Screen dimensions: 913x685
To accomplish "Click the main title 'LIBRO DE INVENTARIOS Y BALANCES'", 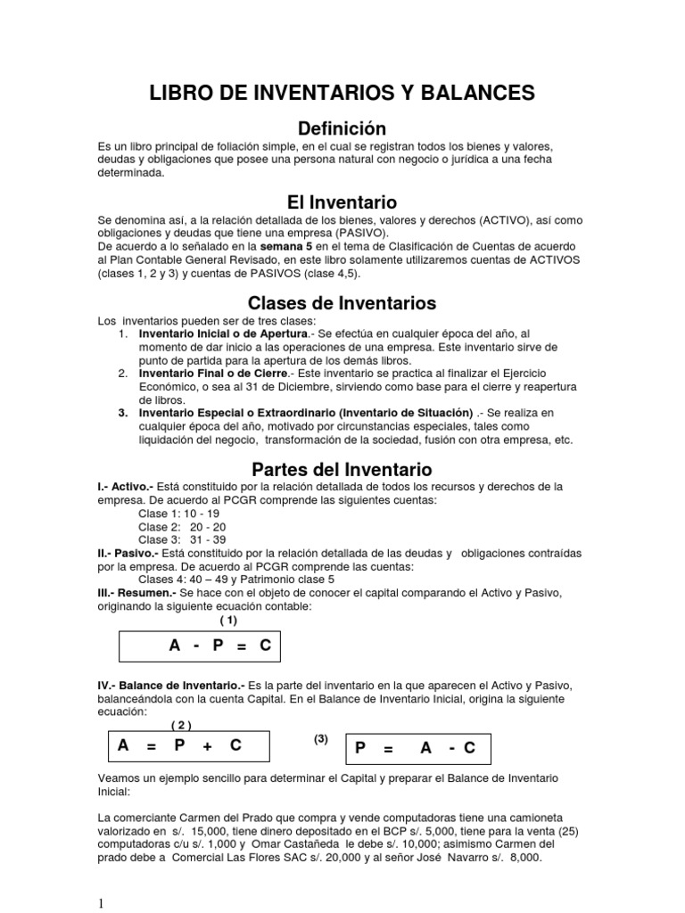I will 342,93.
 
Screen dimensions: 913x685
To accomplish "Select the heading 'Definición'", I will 342,128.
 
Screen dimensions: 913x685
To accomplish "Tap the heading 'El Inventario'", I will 342,202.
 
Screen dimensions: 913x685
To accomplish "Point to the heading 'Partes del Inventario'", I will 342,469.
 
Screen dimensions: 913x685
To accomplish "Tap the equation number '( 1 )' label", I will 229,621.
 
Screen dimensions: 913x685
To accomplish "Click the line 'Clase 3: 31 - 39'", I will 182,539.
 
